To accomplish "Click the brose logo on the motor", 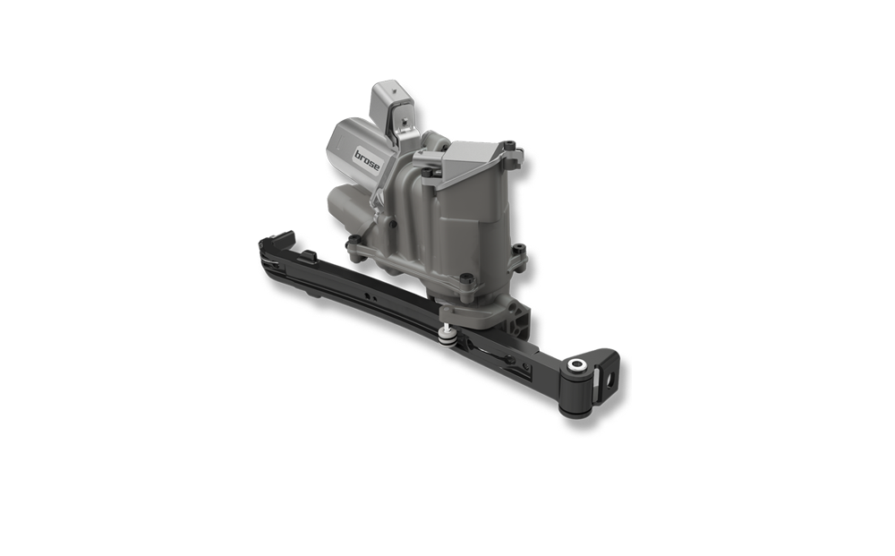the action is pyautogui.click(x=366, y=159).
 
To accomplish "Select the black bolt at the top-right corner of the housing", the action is pyautogui.click(x=510, y=145).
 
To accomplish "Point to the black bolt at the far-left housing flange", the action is pyautogui.click(x=354, y=239).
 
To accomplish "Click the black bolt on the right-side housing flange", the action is pyautogui.click(x=517, y=249).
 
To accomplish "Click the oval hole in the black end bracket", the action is pyautogui.click(x=611, y=378).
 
